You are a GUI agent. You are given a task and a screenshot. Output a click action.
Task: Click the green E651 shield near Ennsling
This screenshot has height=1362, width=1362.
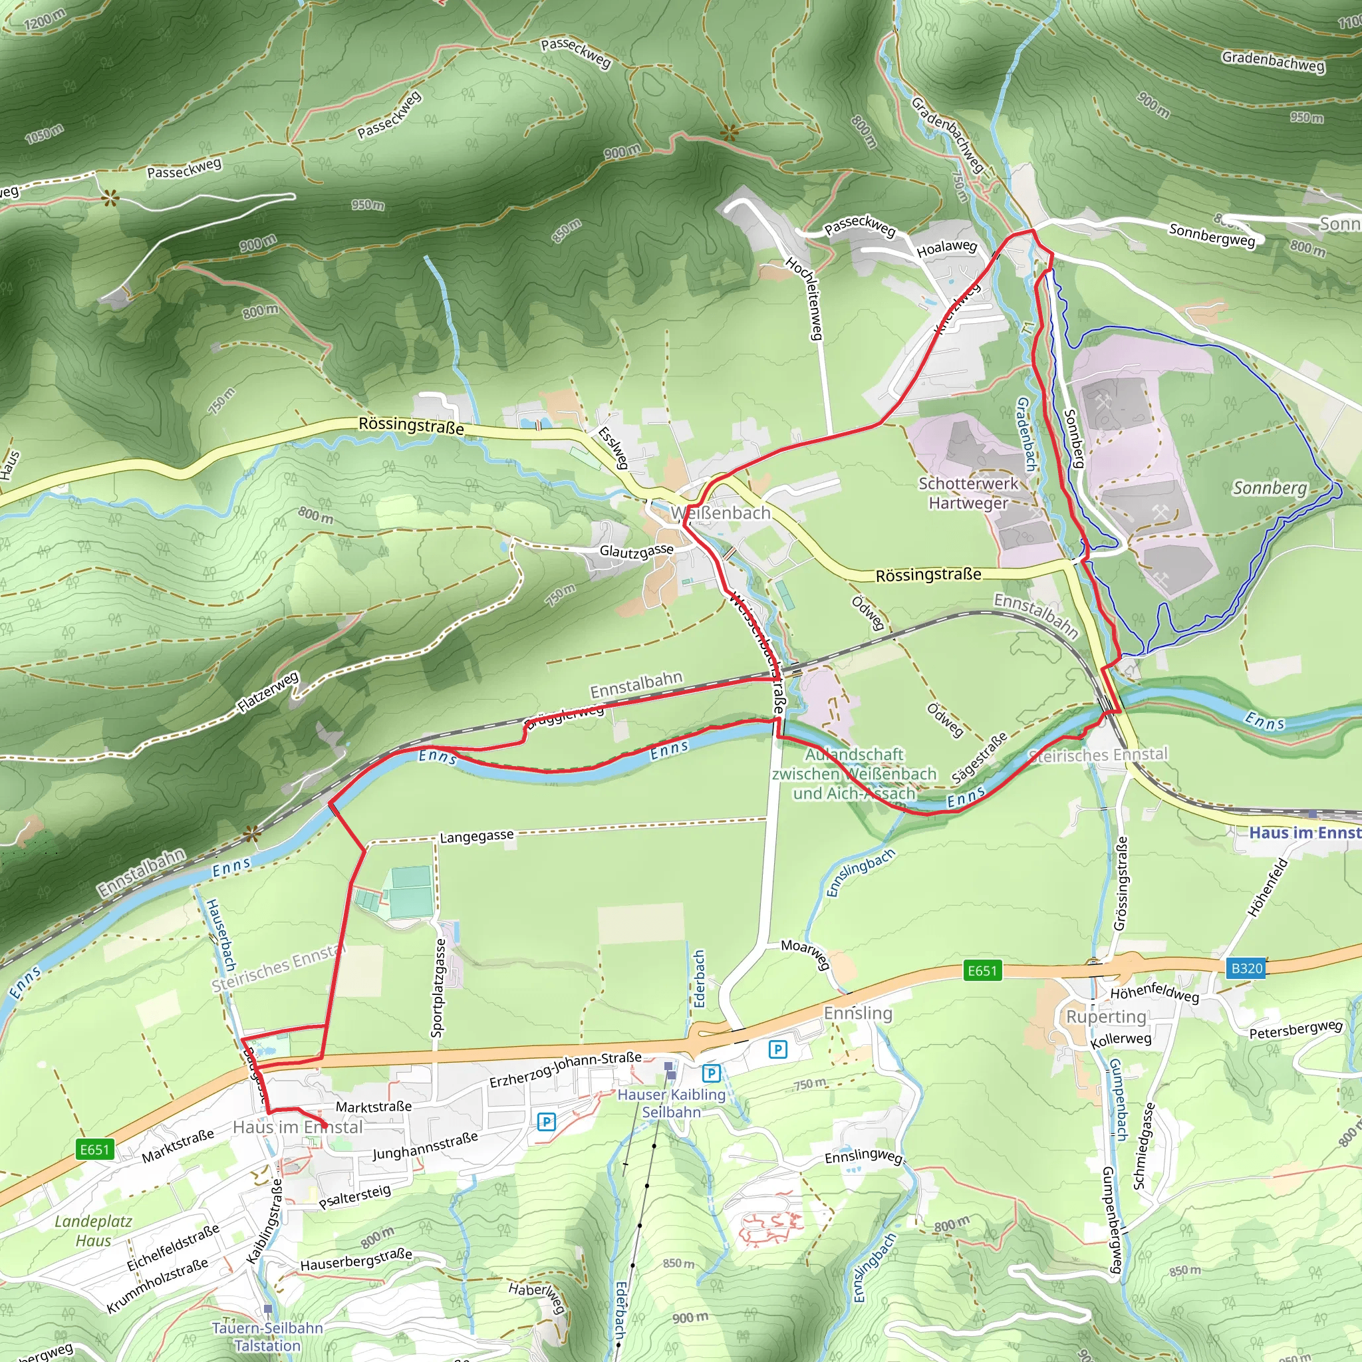[x=982, y=972]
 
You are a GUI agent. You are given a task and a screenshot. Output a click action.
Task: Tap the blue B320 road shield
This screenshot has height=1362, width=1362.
[x=1246, y=968]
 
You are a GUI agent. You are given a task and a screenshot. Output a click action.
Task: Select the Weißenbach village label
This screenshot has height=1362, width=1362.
[x=720, y=513]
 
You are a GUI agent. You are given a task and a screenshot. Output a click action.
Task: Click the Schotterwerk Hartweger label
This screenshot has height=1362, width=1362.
[x=968, y=493]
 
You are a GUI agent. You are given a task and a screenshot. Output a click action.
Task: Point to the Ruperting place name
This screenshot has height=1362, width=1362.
[x=1106, y=1016]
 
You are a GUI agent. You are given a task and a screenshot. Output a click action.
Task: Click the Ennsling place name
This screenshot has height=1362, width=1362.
[x=858, y=1012]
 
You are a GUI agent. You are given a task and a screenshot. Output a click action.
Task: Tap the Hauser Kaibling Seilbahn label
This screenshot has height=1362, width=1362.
[x=671, y=1103]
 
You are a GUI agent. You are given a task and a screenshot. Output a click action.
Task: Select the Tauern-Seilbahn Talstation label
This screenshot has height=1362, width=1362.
[x=267, y=1337]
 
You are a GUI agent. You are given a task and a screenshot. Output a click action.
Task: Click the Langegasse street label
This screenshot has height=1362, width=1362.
[x=477, y=836]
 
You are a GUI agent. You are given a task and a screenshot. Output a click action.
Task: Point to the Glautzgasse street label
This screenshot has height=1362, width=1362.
[x=636, y=550]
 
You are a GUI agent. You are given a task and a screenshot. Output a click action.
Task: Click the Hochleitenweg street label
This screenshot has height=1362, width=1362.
[x=805, y=298]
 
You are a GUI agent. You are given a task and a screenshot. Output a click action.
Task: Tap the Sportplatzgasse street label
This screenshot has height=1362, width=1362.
[x=438, y=987]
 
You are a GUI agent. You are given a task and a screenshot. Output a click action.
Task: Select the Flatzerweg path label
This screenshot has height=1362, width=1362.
[x=269, y=692]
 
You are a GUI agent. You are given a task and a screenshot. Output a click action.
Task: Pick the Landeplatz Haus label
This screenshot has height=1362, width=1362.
[x=94, y=1231]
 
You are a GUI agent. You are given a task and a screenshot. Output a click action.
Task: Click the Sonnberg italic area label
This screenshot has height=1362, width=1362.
[x=1270, y=488]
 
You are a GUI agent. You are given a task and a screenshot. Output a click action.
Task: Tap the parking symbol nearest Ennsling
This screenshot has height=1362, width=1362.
[x=777, y=1049]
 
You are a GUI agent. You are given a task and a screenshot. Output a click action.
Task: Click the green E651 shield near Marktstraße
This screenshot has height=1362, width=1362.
[x=95, y=1150]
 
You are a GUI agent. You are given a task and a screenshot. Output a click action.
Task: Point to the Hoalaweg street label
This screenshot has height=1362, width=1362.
[x=947, y=247]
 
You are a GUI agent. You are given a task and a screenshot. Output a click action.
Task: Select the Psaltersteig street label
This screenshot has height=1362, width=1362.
[x=354, y=1197]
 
